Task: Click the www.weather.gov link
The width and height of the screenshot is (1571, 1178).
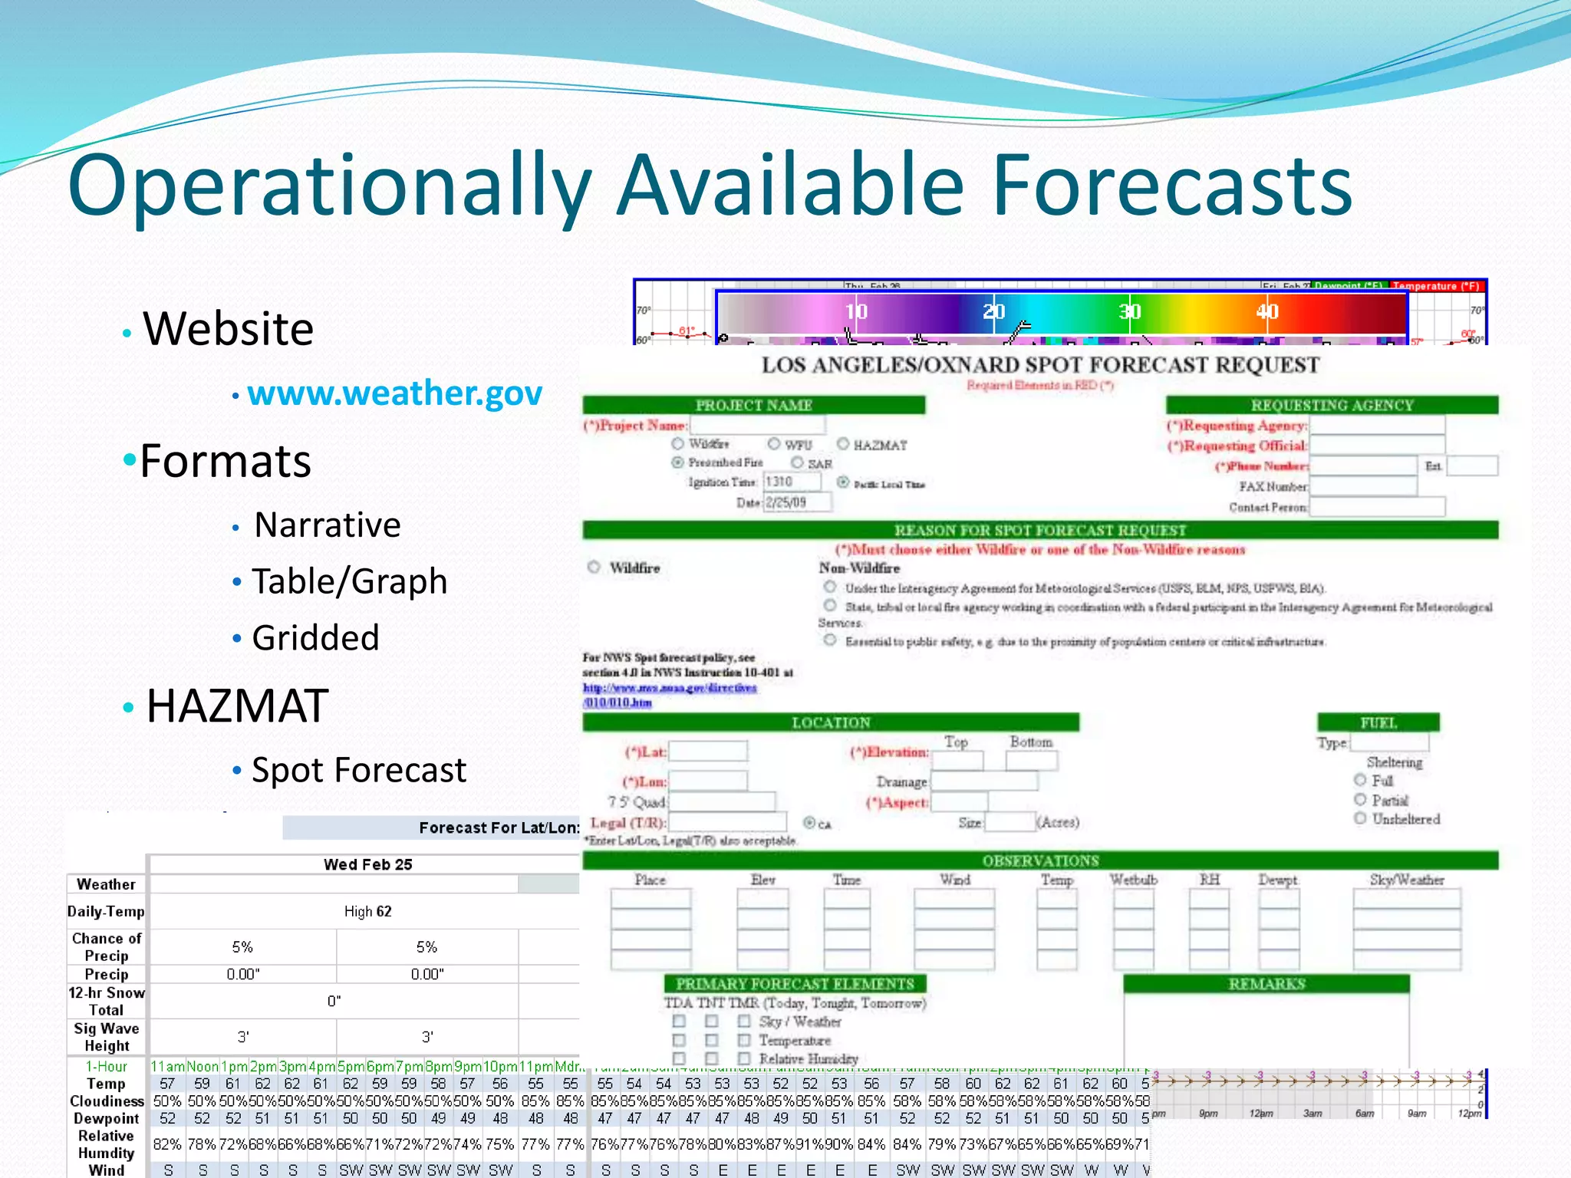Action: (394, 393)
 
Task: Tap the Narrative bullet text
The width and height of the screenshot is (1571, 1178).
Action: (328, 525)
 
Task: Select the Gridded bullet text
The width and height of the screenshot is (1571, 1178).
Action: (315, 638)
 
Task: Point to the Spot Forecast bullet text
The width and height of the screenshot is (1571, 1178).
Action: (359, 770)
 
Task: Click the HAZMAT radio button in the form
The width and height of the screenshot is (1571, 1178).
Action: (843, 444)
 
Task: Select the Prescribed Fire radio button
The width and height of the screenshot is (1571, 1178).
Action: (677, 462)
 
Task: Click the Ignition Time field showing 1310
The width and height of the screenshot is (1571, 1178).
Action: (792, 482)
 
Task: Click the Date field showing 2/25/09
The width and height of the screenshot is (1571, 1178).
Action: (797, 502)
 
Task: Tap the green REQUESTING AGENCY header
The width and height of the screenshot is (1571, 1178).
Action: (1332, 405)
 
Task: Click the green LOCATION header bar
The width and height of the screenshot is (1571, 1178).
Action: (831, 722)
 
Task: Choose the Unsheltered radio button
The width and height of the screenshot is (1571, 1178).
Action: (1360, 818)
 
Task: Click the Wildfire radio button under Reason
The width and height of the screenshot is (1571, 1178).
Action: (594, 568)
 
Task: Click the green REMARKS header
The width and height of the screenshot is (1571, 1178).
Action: (1266, 984)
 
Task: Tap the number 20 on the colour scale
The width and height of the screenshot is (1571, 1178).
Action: (993, 311)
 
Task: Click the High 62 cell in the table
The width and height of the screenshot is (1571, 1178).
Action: (367, 911)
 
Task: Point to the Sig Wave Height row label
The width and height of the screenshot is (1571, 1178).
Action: (107, 1037)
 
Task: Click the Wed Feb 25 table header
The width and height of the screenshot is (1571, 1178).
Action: (367, 864)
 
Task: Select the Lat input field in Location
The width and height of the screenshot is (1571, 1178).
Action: (707, 752)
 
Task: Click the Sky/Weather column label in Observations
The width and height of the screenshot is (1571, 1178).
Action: (1407, 880)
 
